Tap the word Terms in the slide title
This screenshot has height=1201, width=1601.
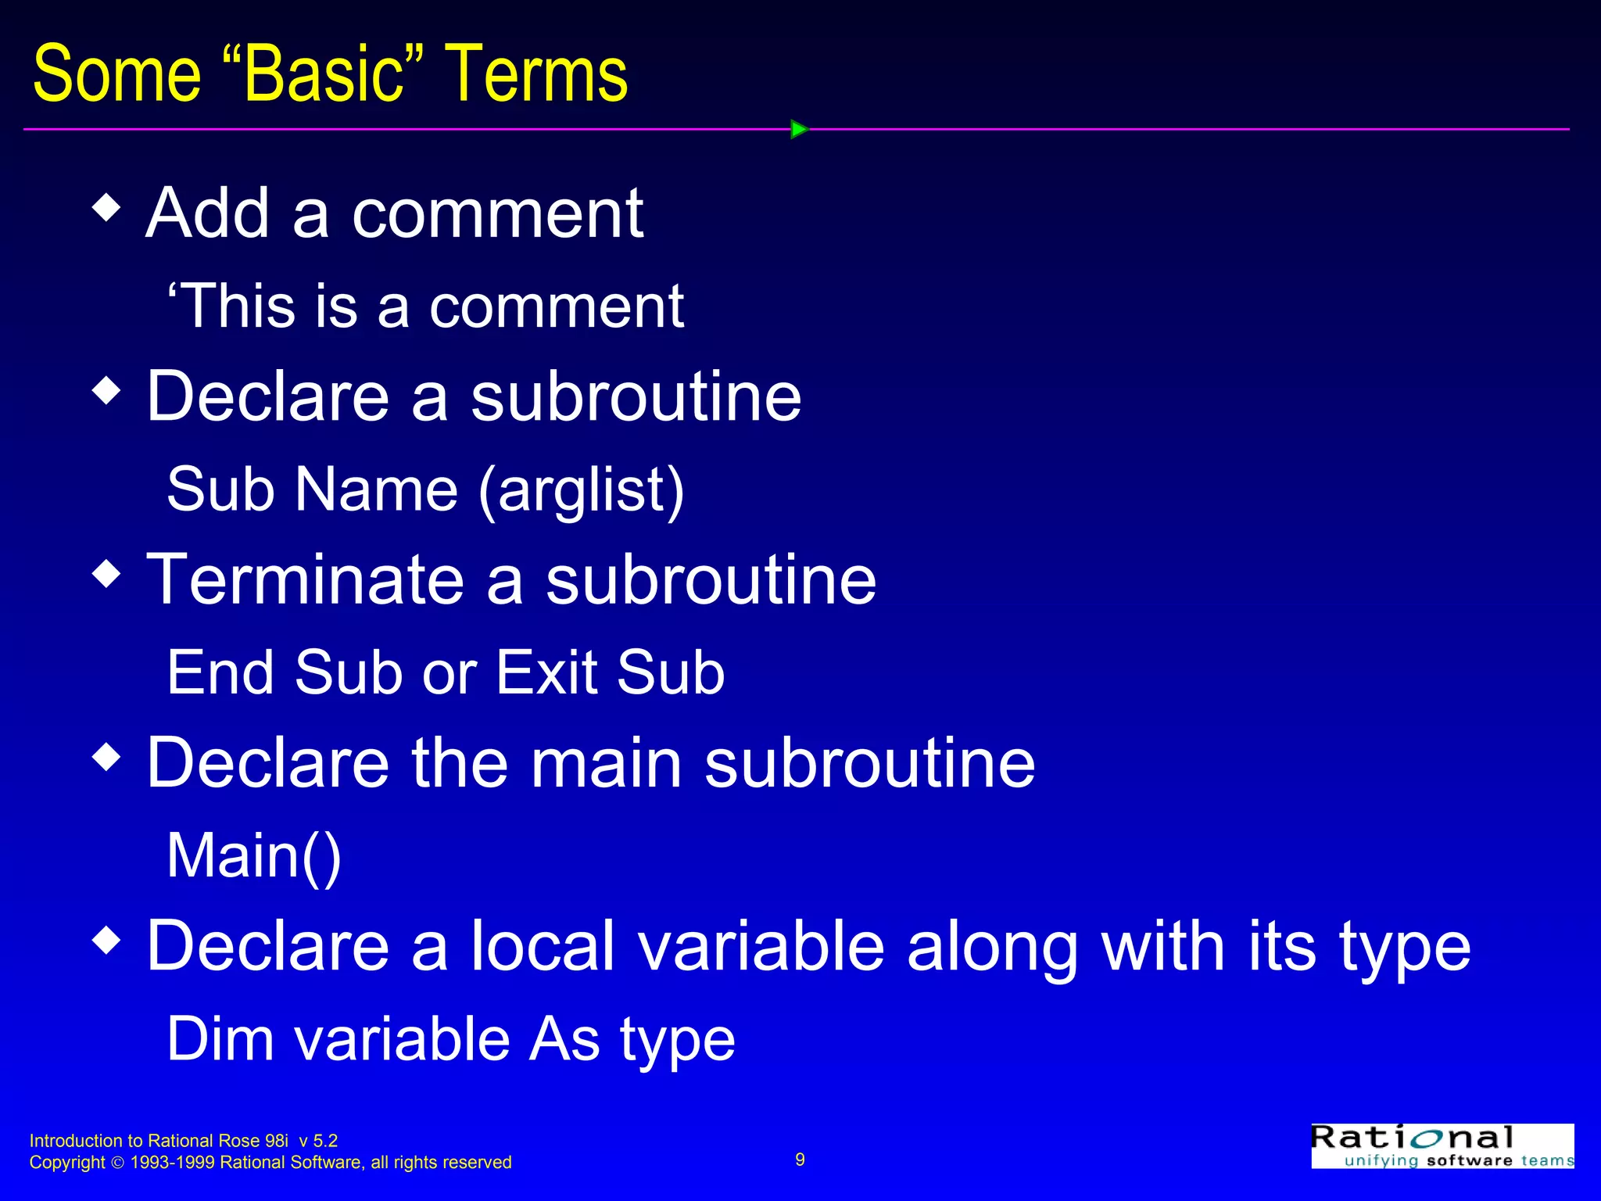536,74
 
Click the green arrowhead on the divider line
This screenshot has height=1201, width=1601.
798,129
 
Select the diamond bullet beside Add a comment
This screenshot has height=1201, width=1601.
106,208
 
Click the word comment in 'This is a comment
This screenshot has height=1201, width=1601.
556,307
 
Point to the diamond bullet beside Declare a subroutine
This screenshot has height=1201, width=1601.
106,390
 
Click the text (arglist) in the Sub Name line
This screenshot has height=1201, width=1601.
581,491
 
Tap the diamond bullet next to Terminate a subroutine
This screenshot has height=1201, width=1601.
106,573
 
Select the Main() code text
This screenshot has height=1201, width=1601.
254,856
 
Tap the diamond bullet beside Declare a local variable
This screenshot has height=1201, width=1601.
106,939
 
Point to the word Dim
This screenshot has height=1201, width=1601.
220,1039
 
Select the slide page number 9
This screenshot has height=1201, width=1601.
800,1160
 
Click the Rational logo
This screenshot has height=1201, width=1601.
1442,1146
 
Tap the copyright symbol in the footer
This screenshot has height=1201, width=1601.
117,1163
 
